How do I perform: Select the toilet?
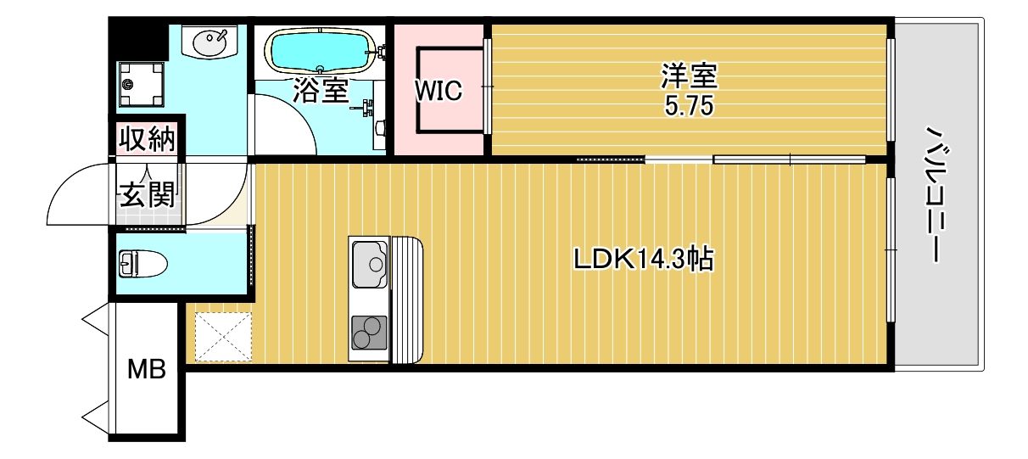click(141, 264)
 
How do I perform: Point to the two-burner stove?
click(369, 332)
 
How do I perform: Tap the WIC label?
click(439, 91)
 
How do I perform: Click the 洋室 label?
click(689, 76)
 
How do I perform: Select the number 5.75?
click(689, 107)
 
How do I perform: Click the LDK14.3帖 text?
click(643, 259)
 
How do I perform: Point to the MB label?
click(146, 370)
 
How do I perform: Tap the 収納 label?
click(146, 138)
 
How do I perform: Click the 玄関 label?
click(146, 195)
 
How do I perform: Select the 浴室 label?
click(320, 90)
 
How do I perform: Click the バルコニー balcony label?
click(935, 195)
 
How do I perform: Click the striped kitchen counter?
click(406, 299)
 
